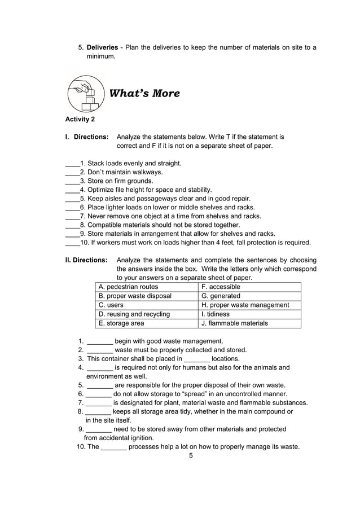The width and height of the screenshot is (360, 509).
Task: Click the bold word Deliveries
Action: tap(102, 47)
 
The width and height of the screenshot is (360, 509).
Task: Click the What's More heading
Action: tap(144, 94)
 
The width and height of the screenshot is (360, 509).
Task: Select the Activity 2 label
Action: tap(80, 119)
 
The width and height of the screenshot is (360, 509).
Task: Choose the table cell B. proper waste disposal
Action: tap(135, 296)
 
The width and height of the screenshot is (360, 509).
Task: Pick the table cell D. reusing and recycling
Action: tap(134, 314)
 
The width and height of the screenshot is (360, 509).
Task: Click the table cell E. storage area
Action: tap(121, 323)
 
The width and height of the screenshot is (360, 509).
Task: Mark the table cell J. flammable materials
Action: tap(235, 323)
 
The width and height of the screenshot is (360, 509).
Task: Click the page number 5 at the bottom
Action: tap(191, 455)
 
